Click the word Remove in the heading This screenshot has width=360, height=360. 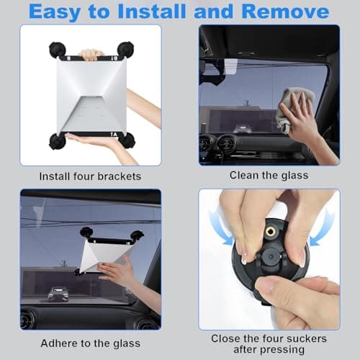pos(285,12)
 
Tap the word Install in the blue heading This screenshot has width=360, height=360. pos(152,12)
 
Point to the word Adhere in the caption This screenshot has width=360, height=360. pos(58,343)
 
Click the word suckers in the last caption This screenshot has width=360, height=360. pos(307,338)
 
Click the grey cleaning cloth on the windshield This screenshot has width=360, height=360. pos(293,109)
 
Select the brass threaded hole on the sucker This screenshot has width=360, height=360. pos(271,232)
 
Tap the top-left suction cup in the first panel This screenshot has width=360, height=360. pos(58,49)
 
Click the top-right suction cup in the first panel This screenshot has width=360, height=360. pos(126,49)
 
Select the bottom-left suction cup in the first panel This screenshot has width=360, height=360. pos(57,142)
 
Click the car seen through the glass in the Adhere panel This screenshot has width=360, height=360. pos(58,294)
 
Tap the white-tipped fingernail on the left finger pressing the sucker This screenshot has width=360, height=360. pos(243,260)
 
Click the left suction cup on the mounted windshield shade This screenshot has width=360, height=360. pos(86,233)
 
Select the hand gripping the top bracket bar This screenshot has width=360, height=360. pos(91,55)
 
